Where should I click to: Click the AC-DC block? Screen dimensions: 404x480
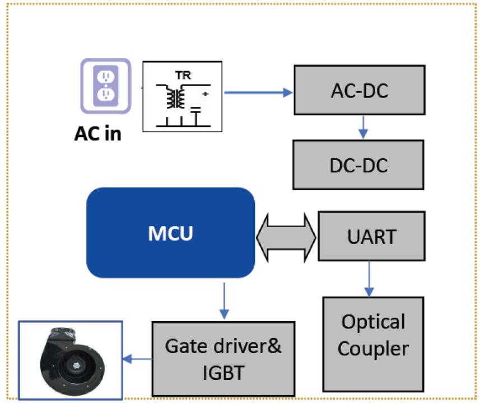(358, 91)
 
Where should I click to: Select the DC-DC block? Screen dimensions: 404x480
(358, 165)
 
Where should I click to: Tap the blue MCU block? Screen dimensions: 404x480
(170, 233)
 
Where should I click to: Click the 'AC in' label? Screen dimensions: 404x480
(97, 134)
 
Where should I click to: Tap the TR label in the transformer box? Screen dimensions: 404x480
(182, 74)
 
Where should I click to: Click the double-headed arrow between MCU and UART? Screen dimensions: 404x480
(286, 236)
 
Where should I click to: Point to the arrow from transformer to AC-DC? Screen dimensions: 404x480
(258, 92)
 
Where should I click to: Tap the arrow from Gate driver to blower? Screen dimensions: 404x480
(137, 359)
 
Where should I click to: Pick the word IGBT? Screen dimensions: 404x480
(222, 372)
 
